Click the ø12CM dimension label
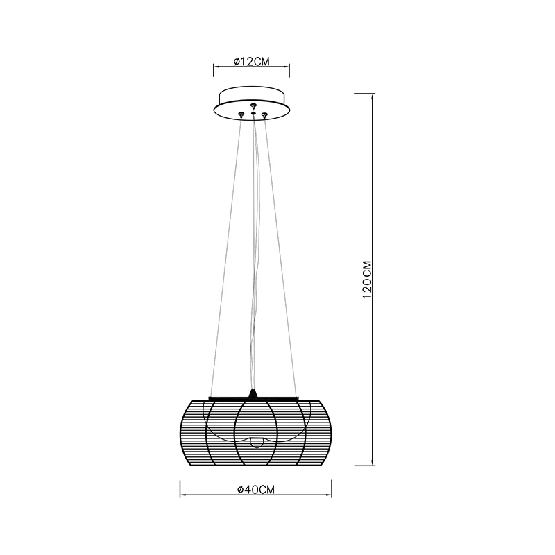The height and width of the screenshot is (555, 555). click(x=252, y=62)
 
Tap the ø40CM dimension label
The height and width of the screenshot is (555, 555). click(x=256, y=490)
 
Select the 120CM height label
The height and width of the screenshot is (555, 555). click(x=367, y=280)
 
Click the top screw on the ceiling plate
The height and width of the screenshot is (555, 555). click(x=253, y=105)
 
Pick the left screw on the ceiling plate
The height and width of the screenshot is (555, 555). click(x=241, y=114)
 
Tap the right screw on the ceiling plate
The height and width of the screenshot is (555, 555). click(x=264, y=114)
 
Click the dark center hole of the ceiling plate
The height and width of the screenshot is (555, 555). click(x=253, y=113)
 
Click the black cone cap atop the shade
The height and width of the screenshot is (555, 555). click(x=253, y=393)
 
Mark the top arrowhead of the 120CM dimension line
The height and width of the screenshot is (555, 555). click(x=372, y=96)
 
